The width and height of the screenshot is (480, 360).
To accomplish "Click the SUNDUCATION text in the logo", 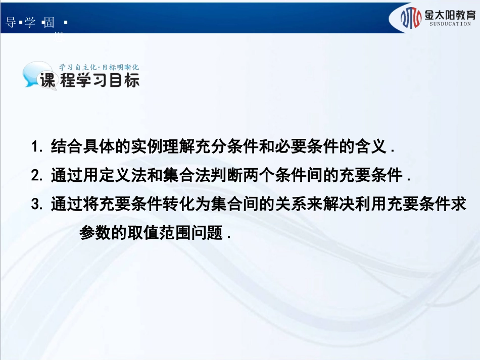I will pos(449,24).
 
